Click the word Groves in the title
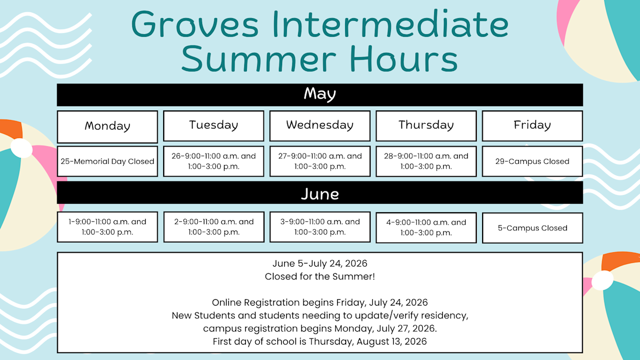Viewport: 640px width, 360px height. click(195, 25)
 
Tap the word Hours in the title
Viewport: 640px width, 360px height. click(404, 59)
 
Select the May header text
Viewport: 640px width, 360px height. click(319, 94)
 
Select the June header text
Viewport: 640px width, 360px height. click(320, 194)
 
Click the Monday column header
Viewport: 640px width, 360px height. click(107, 126)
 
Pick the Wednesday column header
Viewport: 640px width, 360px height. click(320, 126)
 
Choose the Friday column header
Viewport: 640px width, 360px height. click(532, 126)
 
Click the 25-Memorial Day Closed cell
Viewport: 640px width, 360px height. click(107, 161)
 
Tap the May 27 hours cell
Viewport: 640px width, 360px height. click(320, 161)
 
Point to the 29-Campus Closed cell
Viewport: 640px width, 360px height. click(532, 161)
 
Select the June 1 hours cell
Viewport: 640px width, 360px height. click(107, 227)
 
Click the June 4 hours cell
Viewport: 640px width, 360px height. click(426, 227)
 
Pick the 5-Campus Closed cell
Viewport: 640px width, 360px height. click(532, 228)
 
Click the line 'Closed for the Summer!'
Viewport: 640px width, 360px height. click(319, 276)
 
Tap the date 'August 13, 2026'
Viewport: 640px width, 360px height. click(391, 341)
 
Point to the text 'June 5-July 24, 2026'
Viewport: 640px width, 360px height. click(319, 263)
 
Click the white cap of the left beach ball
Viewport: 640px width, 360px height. click(21, 148)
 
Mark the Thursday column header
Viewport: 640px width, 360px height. click(426, 126)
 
